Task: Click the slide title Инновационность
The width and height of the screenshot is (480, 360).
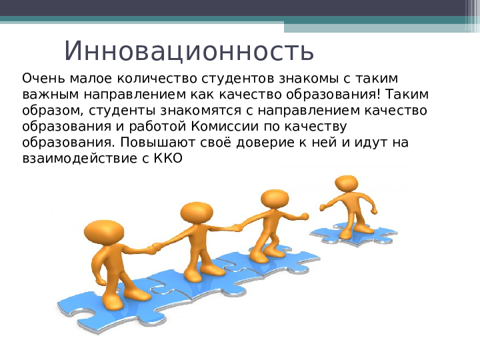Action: (189, 51)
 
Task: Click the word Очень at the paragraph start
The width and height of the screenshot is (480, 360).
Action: (43, 79)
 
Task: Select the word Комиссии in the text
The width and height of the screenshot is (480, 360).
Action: (225, 126)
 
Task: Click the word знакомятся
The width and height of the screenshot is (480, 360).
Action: (201, 111)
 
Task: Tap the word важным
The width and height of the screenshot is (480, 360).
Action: (51, 95)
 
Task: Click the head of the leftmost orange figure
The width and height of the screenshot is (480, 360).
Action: (104, 233)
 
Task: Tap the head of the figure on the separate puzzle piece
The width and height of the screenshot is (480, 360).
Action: (347, 183)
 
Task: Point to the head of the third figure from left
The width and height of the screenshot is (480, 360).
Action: (275, 200)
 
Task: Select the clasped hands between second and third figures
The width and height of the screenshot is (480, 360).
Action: (237, 228)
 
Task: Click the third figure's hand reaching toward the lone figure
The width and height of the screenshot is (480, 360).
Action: (304, 216)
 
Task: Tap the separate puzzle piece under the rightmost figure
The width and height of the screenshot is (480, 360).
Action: (354, 235)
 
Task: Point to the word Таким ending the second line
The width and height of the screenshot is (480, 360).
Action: (407, 95)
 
